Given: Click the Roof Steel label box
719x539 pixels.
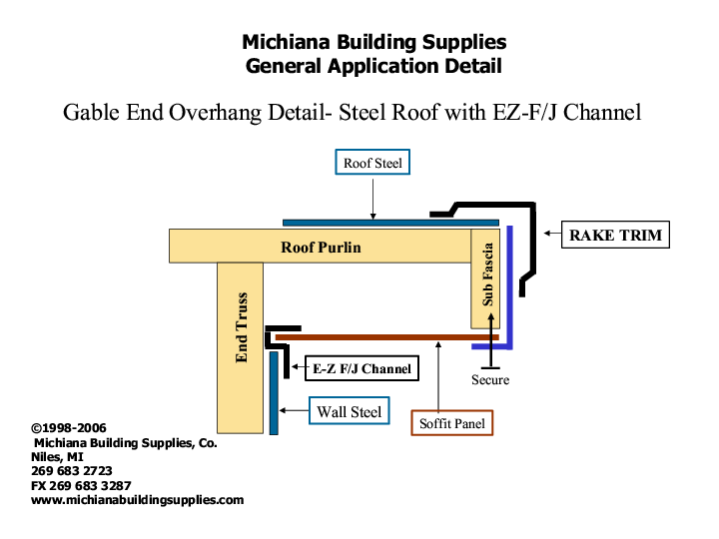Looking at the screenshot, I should (371, 163).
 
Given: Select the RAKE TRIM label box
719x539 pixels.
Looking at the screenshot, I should (614, 236).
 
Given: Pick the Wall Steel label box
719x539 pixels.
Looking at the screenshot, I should (350, 411).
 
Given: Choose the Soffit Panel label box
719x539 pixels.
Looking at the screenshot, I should (451, 423).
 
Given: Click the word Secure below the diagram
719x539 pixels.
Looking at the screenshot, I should (490, 380).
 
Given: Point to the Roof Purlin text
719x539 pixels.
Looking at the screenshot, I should (321, 247).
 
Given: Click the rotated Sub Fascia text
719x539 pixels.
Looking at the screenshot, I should (487, 273).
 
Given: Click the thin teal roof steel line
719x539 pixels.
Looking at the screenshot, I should (389, 222).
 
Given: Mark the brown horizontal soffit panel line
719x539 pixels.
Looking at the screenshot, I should (384, 337).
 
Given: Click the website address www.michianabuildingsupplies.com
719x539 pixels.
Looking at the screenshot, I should (138, 500).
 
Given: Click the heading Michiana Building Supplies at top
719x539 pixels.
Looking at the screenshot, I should (373, 42).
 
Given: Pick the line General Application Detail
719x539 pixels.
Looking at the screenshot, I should (373, 67).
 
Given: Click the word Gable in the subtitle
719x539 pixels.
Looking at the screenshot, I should (92, 112).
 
